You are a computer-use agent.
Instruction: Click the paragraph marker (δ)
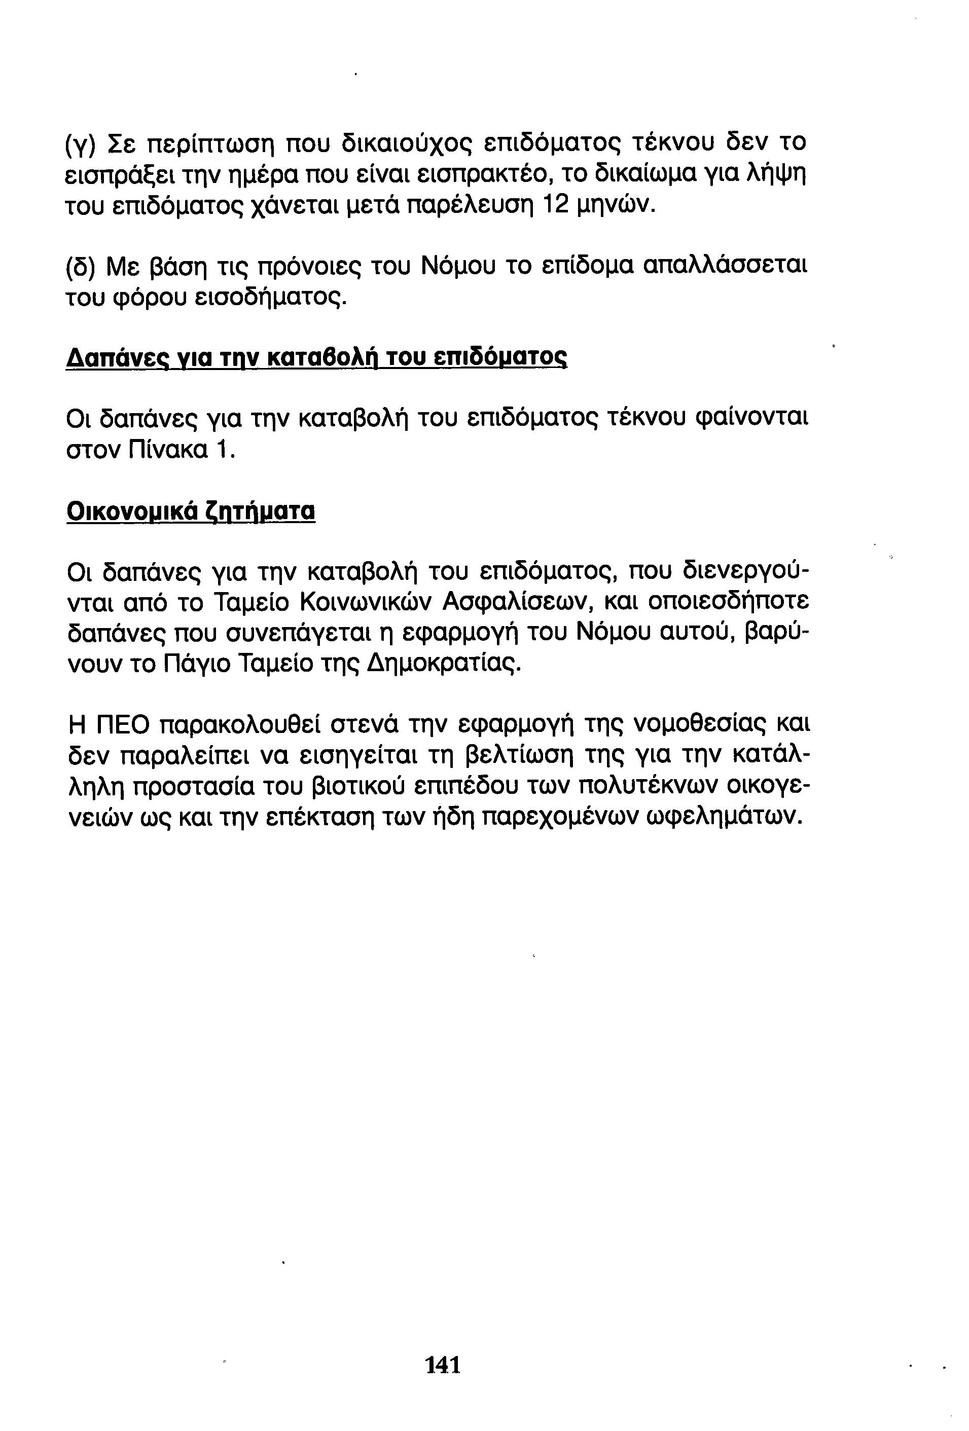(x=81, y=267)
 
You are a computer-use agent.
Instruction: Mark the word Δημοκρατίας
(x=442, y=664)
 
